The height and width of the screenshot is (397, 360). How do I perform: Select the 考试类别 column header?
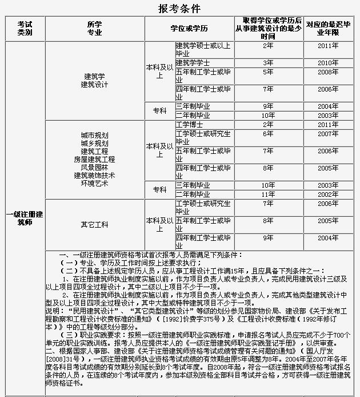pos(25,29)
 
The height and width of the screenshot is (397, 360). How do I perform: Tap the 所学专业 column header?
pos(94,29)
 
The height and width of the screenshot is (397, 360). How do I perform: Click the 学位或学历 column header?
pos(189,29)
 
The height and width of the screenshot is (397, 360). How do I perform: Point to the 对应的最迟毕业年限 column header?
pos(328,29)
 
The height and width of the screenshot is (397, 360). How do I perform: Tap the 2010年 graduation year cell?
pos(328,62)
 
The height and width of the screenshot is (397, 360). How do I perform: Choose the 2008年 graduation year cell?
pos(328,72)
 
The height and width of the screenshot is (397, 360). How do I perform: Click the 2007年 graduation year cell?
pos(328,133)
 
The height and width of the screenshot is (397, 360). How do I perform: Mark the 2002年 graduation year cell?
pos(328,194)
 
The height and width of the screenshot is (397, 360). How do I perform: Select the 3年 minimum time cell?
pos(267,62)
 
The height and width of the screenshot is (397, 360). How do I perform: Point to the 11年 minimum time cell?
pos(267,194)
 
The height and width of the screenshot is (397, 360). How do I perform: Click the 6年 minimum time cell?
pos(267,133)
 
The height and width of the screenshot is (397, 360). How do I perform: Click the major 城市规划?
pos(94,135)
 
